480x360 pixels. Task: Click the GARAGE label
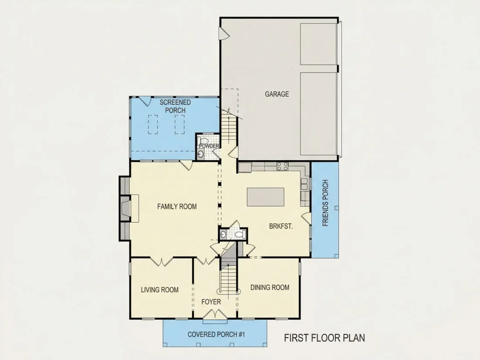click(277, 94)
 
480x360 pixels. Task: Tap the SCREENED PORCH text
click(175, 106)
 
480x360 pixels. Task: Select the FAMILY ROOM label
click(177, 207)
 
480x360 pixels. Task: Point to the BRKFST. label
click(281, 226)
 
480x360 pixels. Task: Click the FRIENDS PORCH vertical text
click(326, 203)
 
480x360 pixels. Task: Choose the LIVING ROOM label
click(159, 290)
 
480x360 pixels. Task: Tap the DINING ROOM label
click(270, 288)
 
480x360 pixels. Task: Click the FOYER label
click(211, 302)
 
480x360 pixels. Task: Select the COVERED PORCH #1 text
click(216, 334)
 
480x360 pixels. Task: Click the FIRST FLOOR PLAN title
click(325, 338)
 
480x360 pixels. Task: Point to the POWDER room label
click(209, 146)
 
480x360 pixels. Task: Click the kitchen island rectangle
click(266, 197)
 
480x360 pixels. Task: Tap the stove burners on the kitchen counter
click(282, 166)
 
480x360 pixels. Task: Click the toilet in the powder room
click(204, 142)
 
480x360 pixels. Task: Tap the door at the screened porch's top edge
click(145, 101)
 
